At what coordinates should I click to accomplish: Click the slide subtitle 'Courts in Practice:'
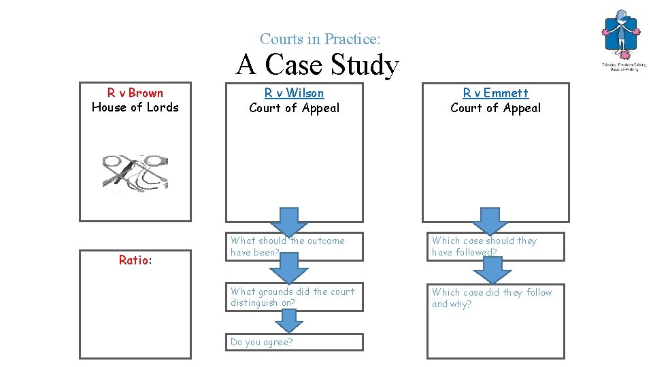pyautogui.click(x=315, y=39)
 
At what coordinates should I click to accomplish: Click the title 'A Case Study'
pyautogui.click(x=317, y=65)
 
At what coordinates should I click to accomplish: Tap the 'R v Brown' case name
pyautogui.click(x=135, y=93)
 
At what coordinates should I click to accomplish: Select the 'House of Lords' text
pyautogui.click(x=135, y=107)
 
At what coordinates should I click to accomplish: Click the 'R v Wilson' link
pyautogui.click(x=294, y=93)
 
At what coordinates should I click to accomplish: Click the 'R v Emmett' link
pyautogui.click(x=495, y=93)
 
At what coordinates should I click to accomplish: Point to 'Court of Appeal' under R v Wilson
pyautogui.click(x=294, y=108)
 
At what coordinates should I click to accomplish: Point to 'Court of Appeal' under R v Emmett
pyautogui.click(x=495, y=108)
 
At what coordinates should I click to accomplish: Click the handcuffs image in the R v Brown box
pyautogui.click(x=135, y=171)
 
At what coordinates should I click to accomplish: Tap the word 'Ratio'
pyautogui.click(x=133, y=260)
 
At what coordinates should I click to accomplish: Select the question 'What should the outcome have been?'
pyautogui.click(x=288, y=246)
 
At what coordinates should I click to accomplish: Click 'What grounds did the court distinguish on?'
pyautogui.click(x=292, y=298)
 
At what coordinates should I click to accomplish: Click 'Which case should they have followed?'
pyautogui.click(x=484, y=246)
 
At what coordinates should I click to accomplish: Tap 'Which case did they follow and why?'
pyautogui.click(x=492, y=298)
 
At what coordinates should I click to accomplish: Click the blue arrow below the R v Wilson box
pyautogui.click(x=290, y=222)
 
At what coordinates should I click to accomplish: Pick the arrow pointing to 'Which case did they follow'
pyautogui.click(x=492, y=272)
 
